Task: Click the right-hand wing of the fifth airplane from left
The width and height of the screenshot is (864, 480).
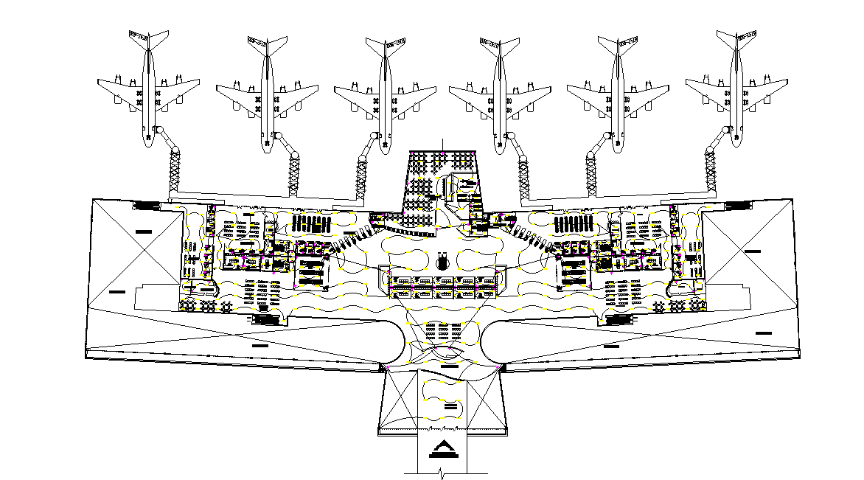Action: tap(649, 91)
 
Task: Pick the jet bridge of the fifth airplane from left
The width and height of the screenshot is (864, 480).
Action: tap(592, 175)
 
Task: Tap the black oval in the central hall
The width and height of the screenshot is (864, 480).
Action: tap(442, 262)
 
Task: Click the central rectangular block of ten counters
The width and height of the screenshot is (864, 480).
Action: tap(443, 287)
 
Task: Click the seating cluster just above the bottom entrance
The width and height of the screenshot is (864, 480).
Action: tap(442, 335)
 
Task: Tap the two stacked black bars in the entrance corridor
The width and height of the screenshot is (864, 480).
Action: tap(451, 406)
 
